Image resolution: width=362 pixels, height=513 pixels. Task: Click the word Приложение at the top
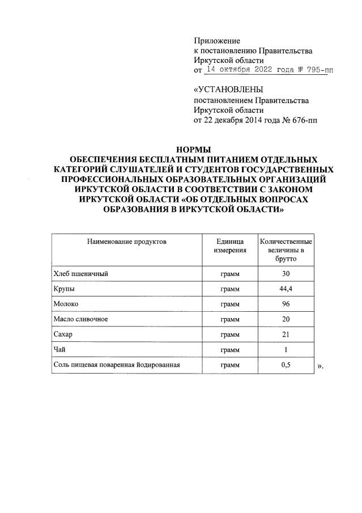217,41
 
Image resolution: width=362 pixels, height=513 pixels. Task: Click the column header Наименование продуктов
126,241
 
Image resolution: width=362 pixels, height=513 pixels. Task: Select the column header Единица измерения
229,246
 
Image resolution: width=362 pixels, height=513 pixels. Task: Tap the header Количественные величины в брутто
286,250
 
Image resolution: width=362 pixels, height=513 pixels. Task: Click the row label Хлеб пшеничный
80,274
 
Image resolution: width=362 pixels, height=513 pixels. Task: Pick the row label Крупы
63,290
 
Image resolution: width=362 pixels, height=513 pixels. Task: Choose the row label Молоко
66,304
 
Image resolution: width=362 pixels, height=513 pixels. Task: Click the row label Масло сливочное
80,320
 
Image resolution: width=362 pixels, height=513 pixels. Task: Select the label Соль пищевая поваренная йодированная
116,365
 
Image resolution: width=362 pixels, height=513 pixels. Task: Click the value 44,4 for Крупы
286,290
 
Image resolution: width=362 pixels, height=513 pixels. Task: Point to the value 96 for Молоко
286,304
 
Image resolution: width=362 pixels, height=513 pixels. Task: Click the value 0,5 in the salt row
286,365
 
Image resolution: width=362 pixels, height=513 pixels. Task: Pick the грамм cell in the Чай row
229,350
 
